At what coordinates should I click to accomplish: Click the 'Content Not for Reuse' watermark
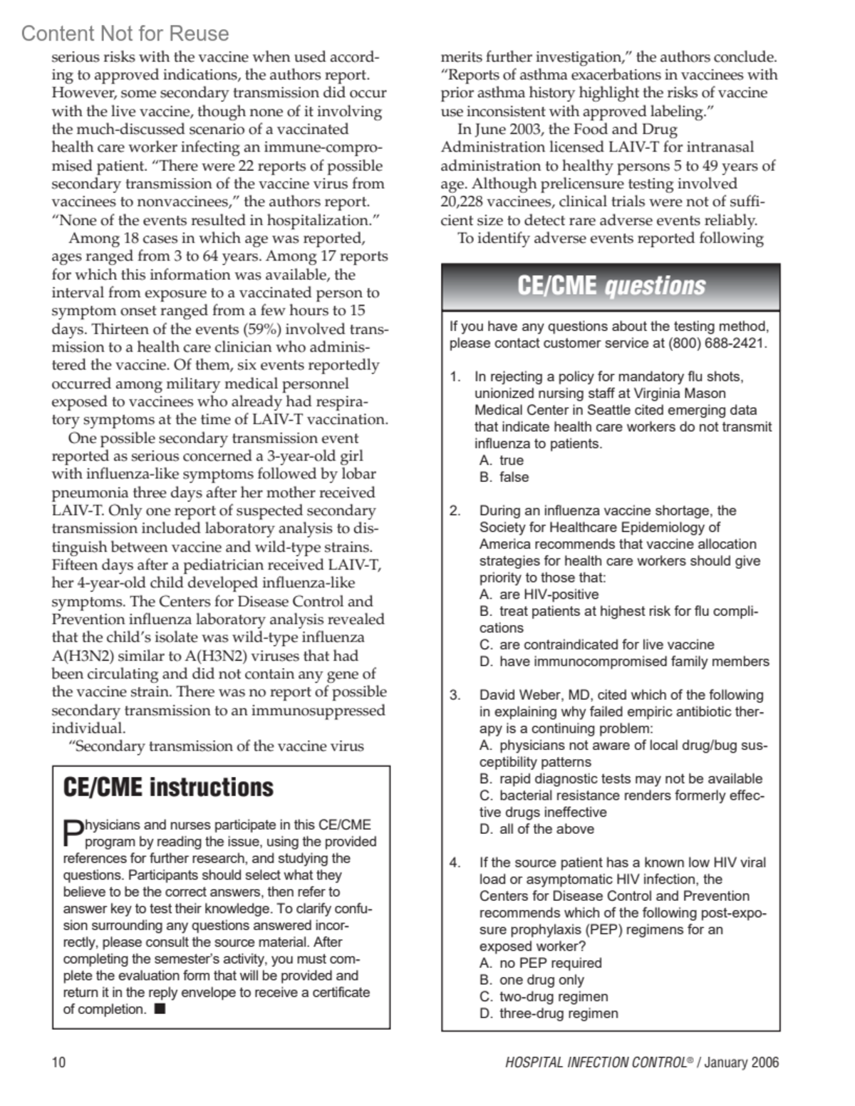coord(125,33)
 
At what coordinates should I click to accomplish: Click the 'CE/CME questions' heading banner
coord(611,286)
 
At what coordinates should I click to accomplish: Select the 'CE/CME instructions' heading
coord(168,787)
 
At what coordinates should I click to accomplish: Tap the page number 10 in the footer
coord(58,1063)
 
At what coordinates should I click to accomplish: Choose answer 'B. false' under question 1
coord(504,477)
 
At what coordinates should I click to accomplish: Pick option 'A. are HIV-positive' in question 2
coord(539,595)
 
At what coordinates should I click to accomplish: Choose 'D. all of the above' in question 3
coord(537,829)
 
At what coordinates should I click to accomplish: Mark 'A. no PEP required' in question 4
coord(541,963)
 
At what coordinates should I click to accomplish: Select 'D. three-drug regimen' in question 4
coord(549,1013)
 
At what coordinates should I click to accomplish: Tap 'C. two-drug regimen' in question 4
coord(544,996)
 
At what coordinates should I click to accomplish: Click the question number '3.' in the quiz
coord(455,695)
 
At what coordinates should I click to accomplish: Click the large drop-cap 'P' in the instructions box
coord(73,831)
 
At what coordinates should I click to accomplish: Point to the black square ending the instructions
coord(160,1008)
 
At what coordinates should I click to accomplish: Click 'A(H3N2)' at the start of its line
coord(78,656)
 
